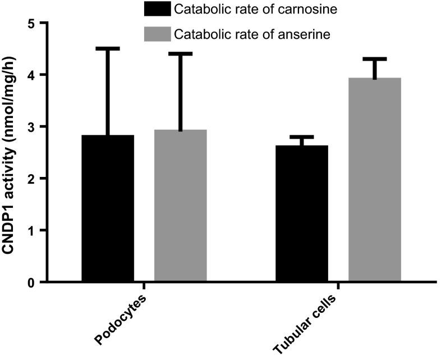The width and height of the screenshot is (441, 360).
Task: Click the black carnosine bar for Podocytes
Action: pos(108,208)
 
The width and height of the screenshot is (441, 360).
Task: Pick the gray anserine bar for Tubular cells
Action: pos(374,180)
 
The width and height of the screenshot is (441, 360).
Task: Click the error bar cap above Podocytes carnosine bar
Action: pos(108,49)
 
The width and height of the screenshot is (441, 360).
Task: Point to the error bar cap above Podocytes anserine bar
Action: pos(181,54)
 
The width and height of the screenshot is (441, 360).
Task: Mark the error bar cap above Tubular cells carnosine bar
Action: pos(302,137)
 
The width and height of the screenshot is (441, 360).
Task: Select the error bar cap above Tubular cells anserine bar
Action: pos(374,59)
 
